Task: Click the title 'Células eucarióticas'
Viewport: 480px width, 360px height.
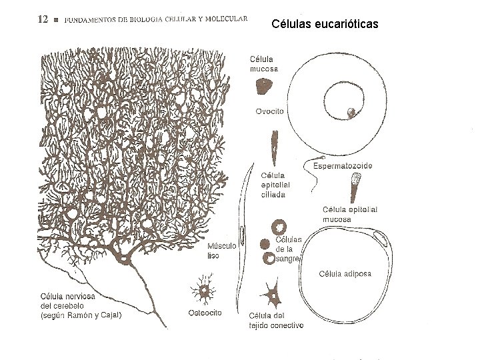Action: (325, 25)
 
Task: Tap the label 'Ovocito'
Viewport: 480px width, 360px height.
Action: (270, 111)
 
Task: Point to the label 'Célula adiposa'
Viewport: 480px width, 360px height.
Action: (345, 273)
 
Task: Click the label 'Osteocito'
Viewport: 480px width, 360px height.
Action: (205, 312)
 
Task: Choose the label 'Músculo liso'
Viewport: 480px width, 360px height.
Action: (221, 250)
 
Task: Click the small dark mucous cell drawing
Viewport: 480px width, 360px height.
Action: (265, 85)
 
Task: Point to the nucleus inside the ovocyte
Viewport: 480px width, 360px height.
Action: (351, 112)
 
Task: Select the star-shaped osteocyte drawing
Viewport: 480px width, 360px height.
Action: (203, 291)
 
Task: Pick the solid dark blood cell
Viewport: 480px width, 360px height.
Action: (265, 244)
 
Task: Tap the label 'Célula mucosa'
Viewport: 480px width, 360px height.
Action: (264, 63)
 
